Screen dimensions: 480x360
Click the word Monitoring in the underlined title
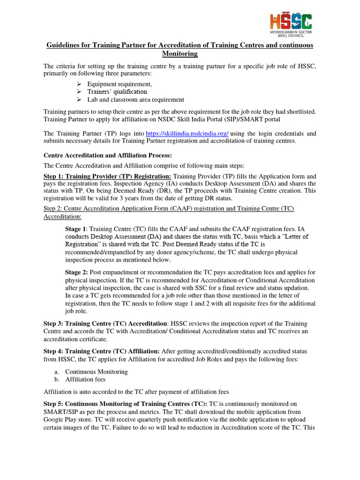click(x=180, y=54)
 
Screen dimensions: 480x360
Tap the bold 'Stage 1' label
click(x=75, y=229)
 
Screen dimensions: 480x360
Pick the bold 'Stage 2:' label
click(x=76, y=272)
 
